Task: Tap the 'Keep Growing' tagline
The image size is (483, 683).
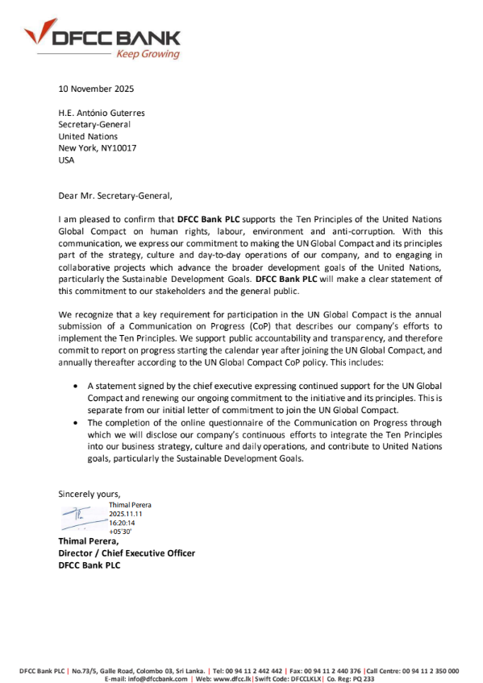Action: [x=148, y=55]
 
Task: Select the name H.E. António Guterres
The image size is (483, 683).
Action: [x=102, y=114]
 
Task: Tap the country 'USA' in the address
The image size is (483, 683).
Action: [x=66, y=160]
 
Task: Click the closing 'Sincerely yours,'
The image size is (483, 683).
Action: [x=90, y=493]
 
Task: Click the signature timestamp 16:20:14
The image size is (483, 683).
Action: [x=125, y=523]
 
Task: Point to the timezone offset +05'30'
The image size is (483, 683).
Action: [x=120, y=532]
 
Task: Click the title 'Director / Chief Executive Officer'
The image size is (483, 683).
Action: [x=127, y=553]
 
